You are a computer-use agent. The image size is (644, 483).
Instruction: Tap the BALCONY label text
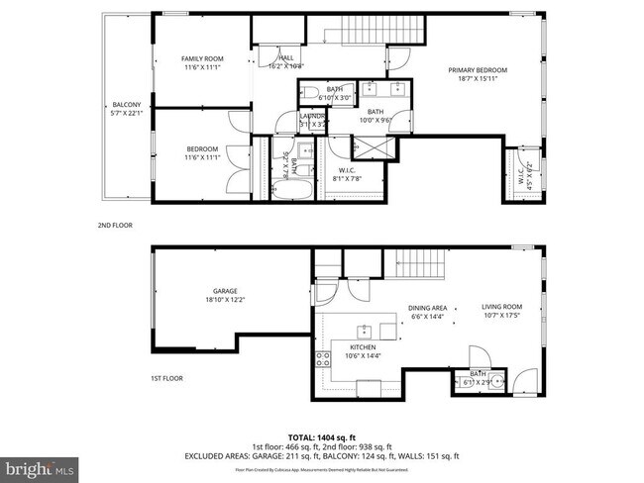(126, 105)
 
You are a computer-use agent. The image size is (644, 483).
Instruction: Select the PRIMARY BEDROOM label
(477, 70)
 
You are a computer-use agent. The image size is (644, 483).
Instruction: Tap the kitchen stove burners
(323, 359)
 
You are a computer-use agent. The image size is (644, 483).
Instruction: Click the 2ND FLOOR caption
(114, 226)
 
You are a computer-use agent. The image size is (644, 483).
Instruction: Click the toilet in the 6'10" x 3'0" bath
(310, 94)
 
